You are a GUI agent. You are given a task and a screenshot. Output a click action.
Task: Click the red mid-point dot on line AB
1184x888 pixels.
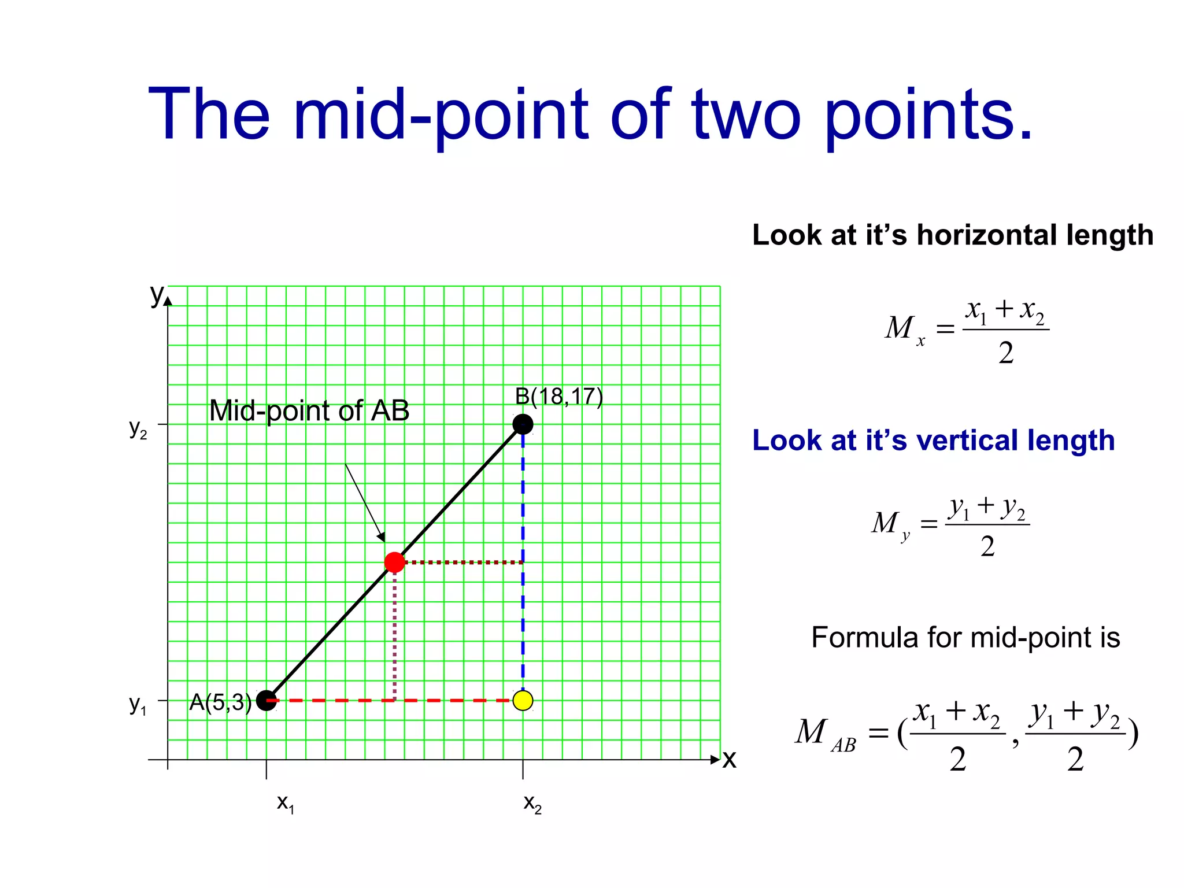pos(394,562)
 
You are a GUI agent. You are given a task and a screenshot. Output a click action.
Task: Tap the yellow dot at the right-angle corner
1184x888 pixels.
pos(523,701)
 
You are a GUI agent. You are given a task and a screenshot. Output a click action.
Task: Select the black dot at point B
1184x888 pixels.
pos(523,424)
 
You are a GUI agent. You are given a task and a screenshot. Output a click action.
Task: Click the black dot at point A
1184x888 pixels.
pos(266,701)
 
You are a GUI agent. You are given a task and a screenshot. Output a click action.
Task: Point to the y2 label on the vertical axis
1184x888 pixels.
pos(138,429)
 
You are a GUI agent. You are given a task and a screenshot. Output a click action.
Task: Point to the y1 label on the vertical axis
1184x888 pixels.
pos(138,705)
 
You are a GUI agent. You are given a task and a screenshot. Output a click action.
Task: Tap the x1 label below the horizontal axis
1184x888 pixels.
pos(286,803)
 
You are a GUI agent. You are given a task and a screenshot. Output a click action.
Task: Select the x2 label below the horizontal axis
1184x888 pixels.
pos(532,803)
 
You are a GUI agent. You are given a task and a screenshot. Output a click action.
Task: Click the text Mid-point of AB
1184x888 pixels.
pos(309,410)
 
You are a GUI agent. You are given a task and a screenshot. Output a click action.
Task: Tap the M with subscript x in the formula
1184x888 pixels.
pos(904,329)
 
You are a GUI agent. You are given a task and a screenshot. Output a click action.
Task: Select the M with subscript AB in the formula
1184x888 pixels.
pos(824,734)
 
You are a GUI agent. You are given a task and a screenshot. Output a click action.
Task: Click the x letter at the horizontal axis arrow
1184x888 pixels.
pos(730,759)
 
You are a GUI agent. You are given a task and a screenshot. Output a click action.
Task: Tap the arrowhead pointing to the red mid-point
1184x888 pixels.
pos(381,537)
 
